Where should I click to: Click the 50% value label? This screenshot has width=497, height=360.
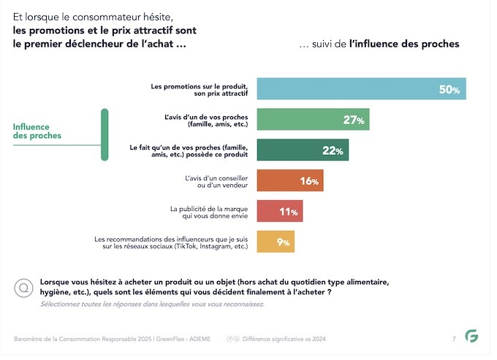[449, 90]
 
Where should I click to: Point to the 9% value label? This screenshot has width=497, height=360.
[282, 242]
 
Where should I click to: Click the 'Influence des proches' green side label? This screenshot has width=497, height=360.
[37, 131]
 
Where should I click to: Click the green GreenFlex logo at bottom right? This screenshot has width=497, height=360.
[472, 338]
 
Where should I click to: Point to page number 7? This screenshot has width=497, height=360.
[454, 339]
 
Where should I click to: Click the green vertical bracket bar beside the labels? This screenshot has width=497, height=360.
[105, 134]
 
